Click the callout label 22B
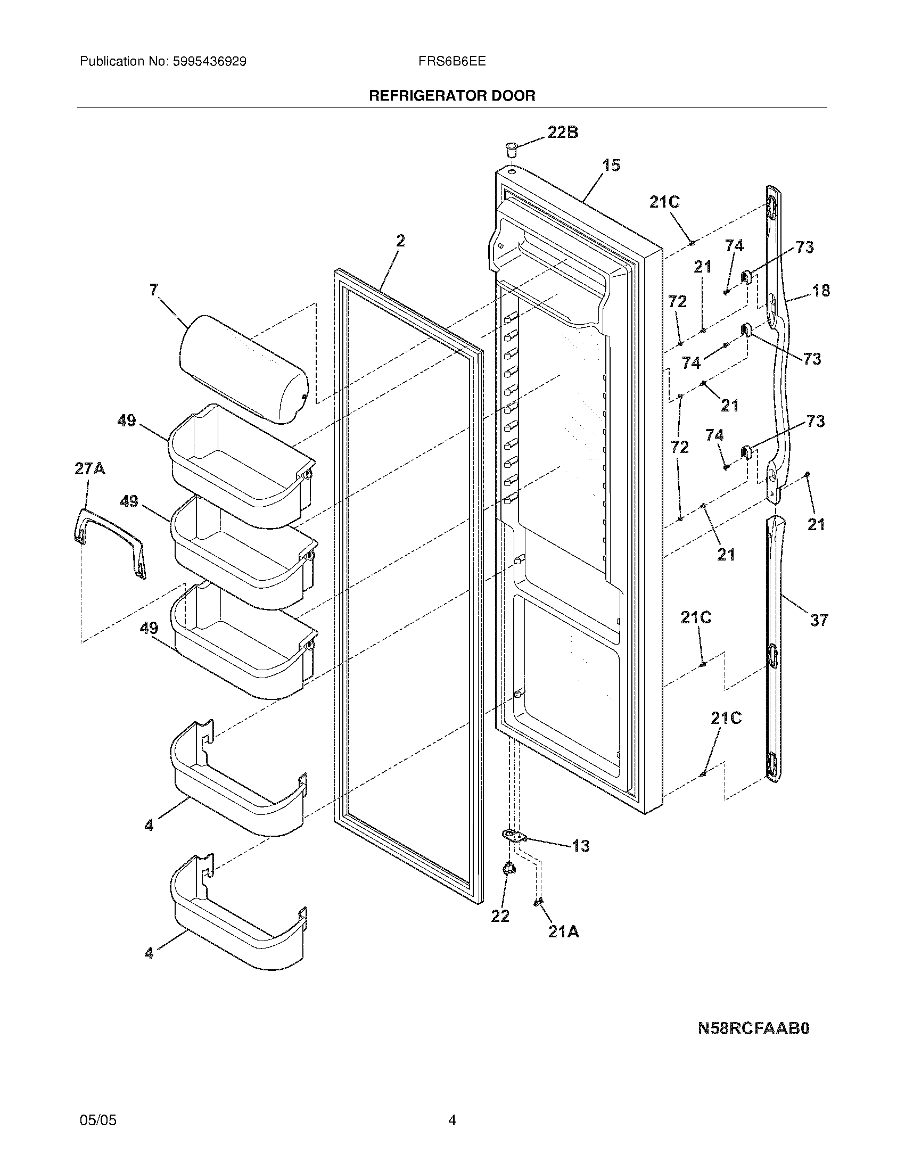tap(562, 132)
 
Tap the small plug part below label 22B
tap(511, 149)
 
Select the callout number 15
tap(611, 165)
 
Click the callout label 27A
tap(89, 468)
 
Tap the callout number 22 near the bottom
tap(500, 916)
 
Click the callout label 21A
tap(563, 932)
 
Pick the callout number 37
tap(819, 620)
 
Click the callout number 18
tap(821, 291)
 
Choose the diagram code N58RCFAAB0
tap(753, 1028)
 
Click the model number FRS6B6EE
tap(452, 61)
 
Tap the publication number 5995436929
tap(209, 61)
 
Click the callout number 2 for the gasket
tap(400, 241)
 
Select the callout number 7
tap(154, 290)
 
